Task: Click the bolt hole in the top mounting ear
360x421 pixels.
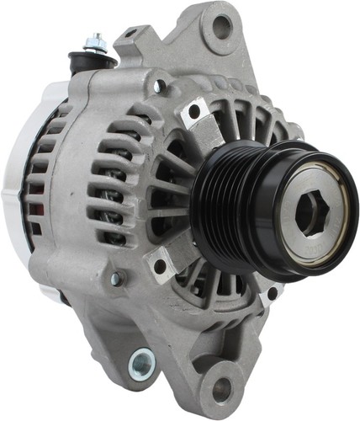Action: point(222,28)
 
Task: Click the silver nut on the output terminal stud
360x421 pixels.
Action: point(96,40)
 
